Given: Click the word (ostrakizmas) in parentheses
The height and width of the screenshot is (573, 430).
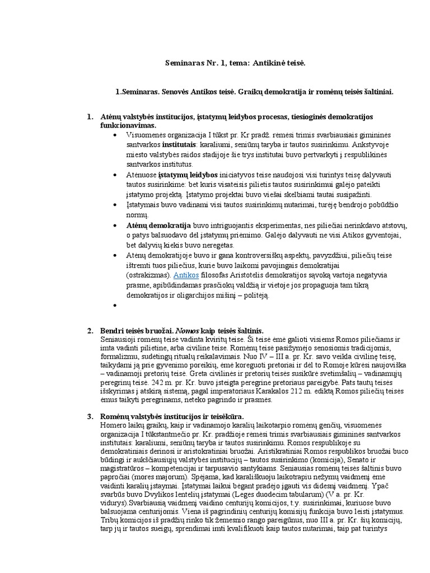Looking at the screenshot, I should [x=148, y=276].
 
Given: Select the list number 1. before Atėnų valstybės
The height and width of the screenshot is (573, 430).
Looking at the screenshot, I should [x=90, y=116].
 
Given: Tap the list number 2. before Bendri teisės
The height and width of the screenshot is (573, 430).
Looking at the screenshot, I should [x=90, y=331].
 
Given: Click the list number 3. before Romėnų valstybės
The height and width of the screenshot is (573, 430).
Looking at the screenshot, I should [x=90, y=417].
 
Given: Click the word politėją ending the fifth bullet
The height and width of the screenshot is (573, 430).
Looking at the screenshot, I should [x=255, y=295].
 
